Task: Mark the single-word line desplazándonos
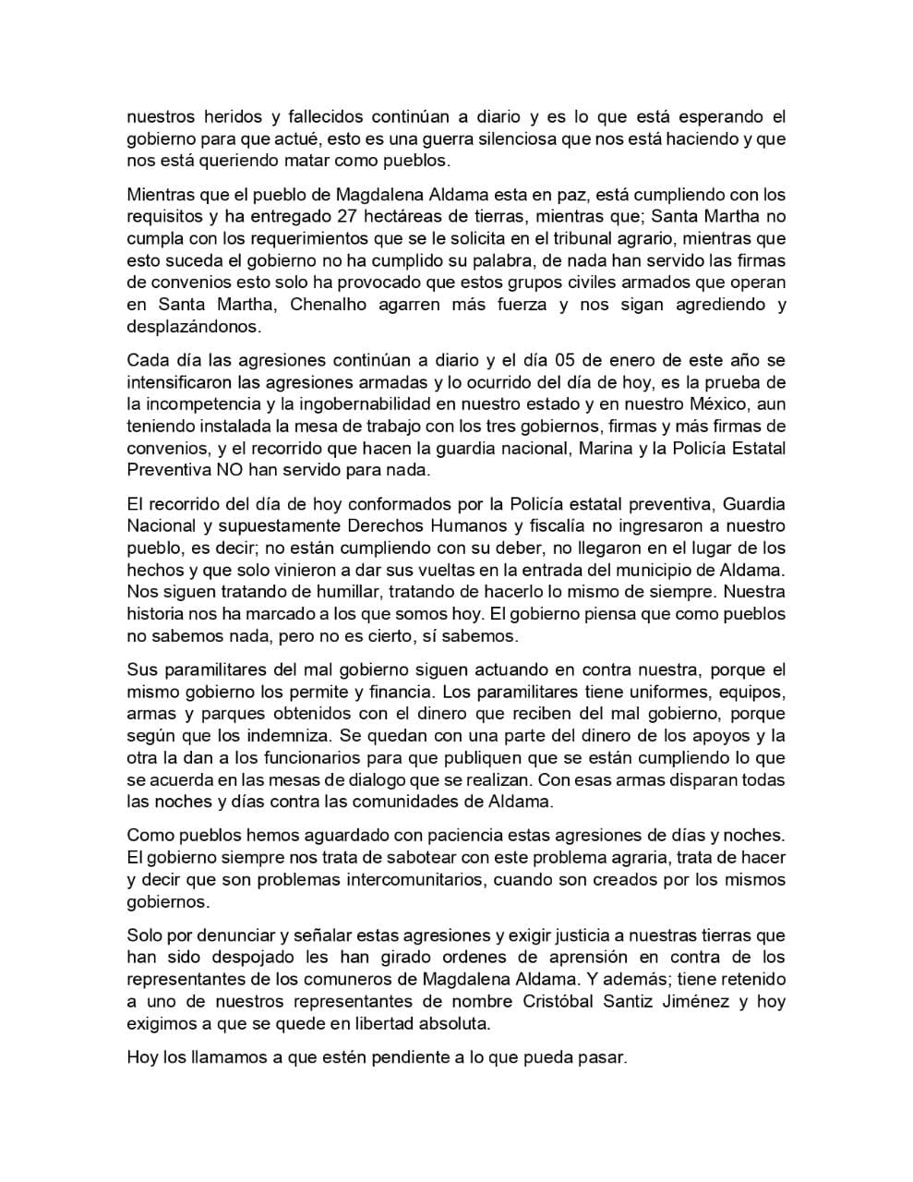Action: pos(194,327)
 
